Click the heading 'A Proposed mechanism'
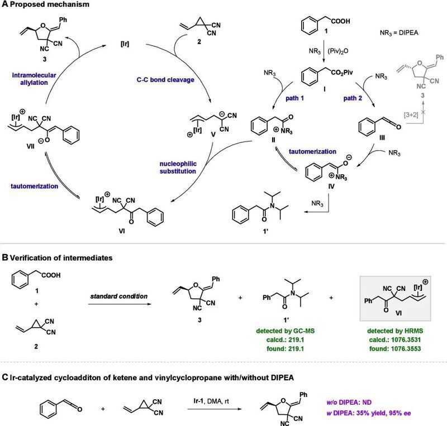[x=45, y=4]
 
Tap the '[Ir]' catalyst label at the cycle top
[x=125, y=44]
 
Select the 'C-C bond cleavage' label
[x=165, y=79]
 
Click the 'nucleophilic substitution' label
[x=178, y=167]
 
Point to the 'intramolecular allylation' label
[x=34, y=79]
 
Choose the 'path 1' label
[x=295, y=98]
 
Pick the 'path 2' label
[x=353, y=98]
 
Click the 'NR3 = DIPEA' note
[x=399, y=33]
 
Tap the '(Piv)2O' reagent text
[x=338, y=51]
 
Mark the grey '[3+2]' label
[x=411, y=115]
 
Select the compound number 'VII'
[x=30, y=146]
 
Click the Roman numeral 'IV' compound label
[x=331, y=186]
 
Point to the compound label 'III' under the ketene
[x=382, y=138]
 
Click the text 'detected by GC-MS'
[x=286, y=331]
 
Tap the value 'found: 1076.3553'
[x=395, y=348]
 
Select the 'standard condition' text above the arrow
[x=119, y=296]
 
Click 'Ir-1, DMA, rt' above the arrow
[x=211, y=401]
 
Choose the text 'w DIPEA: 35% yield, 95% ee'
[x=369, y=413]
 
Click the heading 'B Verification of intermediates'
[x=57, y=257]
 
